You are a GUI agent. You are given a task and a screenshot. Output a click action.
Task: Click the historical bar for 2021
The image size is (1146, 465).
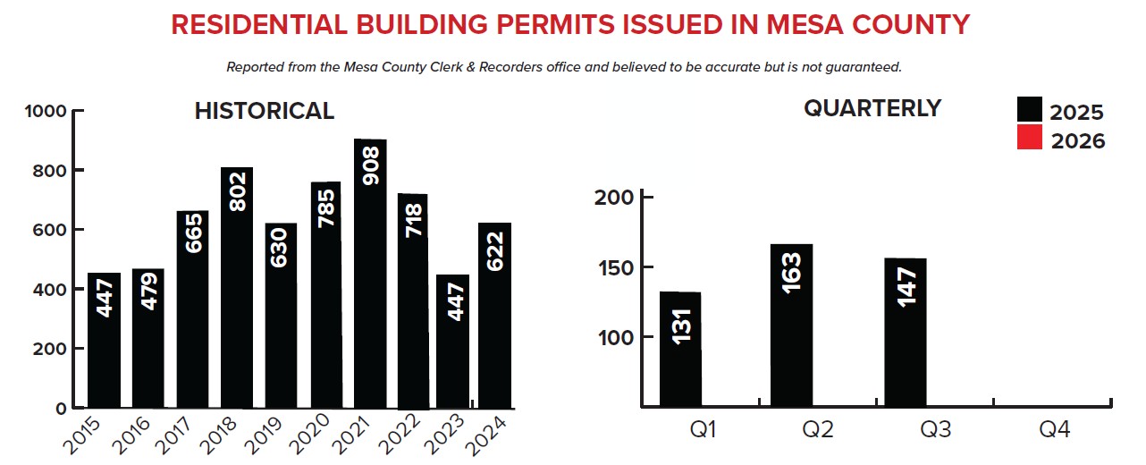(x=370, y=273)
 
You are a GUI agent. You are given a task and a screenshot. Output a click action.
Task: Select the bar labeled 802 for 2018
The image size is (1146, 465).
(x=237, y=286)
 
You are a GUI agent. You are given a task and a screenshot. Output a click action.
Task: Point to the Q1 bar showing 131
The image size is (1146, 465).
(x=680, y=349)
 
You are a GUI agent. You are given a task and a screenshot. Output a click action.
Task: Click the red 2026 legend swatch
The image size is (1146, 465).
(x=1030, y=138)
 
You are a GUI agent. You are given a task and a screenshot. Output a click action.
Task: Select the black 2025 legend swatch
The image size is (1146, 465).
(x=1030, y=110)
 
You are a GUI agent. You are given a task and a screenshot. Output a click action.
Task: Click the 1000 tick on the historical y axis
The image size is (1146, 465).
(x=49, y=112)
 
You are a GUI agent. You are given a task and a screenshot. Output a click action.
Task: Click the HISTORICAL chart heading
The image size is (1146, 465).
(x=265, y=111)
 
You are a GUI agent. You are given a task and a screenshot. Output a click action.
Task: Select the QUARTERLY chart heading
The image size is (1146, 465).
(x=872, y=108)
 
